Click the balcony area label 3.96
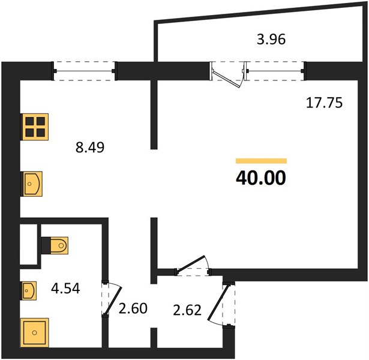[271, 39]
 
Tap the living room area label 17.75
[324, 103]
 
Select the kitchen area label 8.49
[90, 148]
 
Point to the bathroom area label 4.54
[65, 288]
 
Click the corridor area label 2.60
[133, 308]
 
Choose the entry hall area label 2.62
[187, 310]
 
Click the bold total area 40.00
[261, 178]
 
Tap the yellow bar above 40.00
[261, 161]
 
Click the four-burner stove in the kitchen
[35, 127]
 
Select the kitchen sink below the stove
[32, 184]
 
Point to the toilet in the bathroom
[55, 245]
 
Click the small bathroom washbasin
[28, 291]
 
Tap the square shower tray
[35, 333]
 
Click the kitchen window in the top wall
[84, 71]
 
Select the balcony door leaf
[226, 79]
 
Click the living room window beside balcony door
[275, 71]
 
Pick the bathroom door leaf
[113, 301]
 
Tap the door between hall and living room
[191, 265]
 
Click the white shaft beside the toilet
[29, 244]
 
